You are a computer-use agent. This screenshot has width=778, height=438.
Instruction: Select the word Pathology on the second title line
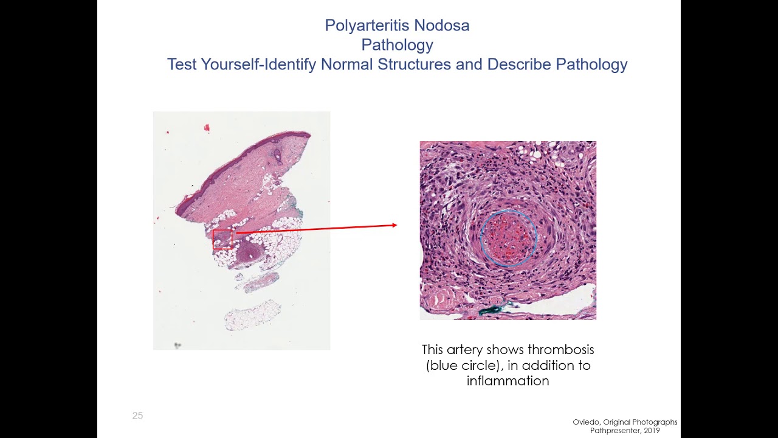[x=397, y=45]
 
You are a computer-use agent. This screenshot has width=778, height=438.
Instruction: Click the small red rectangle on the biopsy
[x=222, y=239]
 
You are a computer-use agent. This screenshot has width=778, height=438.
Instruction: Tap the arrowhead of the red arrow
[x=394, y=225]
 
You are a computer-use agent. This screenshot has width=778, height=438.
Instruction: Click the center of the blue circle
[x=508, y=238]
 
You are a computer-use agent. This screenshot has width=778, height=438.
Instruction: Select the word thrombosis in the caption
[x=560, y=350]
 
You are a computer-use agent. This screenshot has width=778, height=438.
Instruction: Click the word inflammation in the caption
[x=508, y=381]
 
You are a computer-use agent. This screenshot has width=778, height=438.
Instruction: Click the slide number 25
[x=137, y=416]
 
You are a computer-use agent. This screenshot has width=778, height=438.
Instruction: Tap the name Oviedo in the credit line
[x=585, y=422]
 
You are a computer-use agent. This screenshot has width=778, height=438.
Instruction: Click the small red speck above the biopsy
[x=207, y=128]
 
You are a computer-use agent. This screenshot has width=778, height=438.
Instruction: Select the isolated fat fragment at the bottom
[x=252, y=315]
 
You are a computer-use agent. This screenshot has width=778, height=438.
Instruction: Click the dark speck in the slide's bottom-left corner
[x=177, y=345]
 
